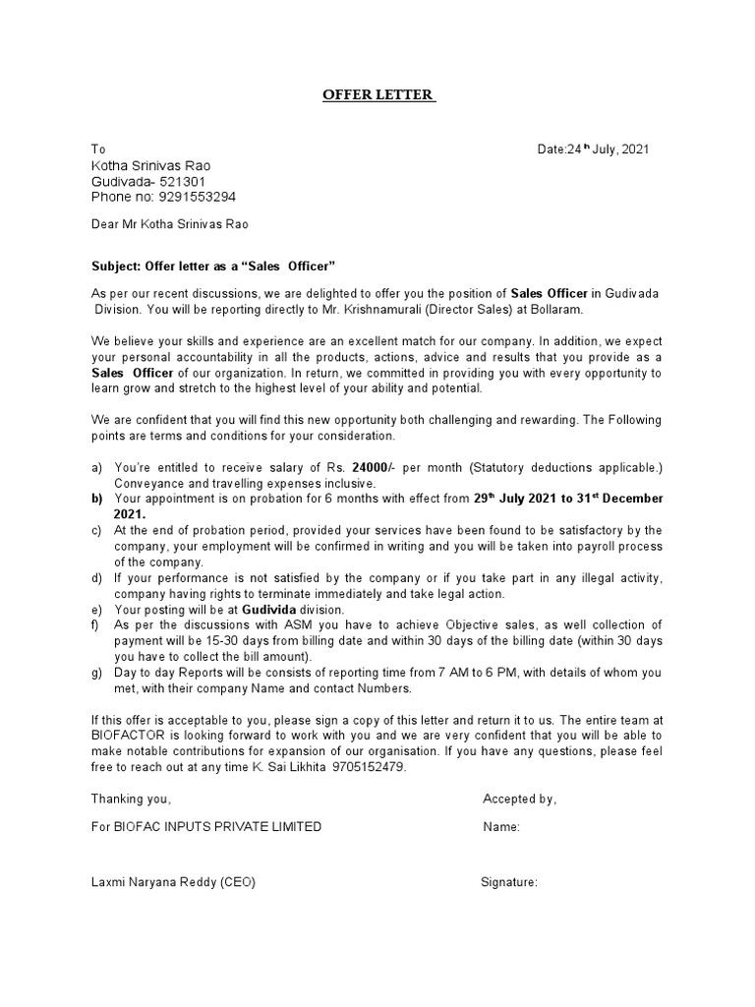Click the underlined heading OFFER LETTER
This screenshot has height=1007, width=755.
(378, 95)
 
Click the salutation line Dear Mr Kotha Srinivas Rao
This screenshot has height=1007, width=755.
(170, 224)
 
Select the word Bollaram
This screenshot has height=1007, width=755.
(556, 309)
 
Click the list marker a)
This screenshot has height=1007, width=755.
(96, 467)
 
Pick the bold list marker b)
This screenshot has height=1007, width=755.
(96, 499)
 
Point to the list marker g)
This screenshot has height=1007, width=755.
(96, 673)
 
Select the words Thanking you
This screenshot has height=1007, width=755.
(131, 799)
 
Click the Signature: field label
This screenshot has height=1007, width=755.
(508, 882)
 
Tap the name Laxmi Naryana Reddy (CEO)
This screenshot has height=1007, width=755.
(173, 882)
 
